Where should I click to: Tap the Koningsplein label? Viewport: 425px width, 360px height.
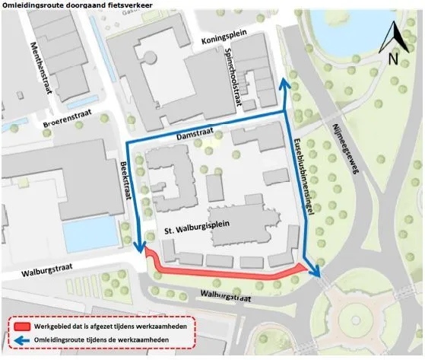225,41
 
